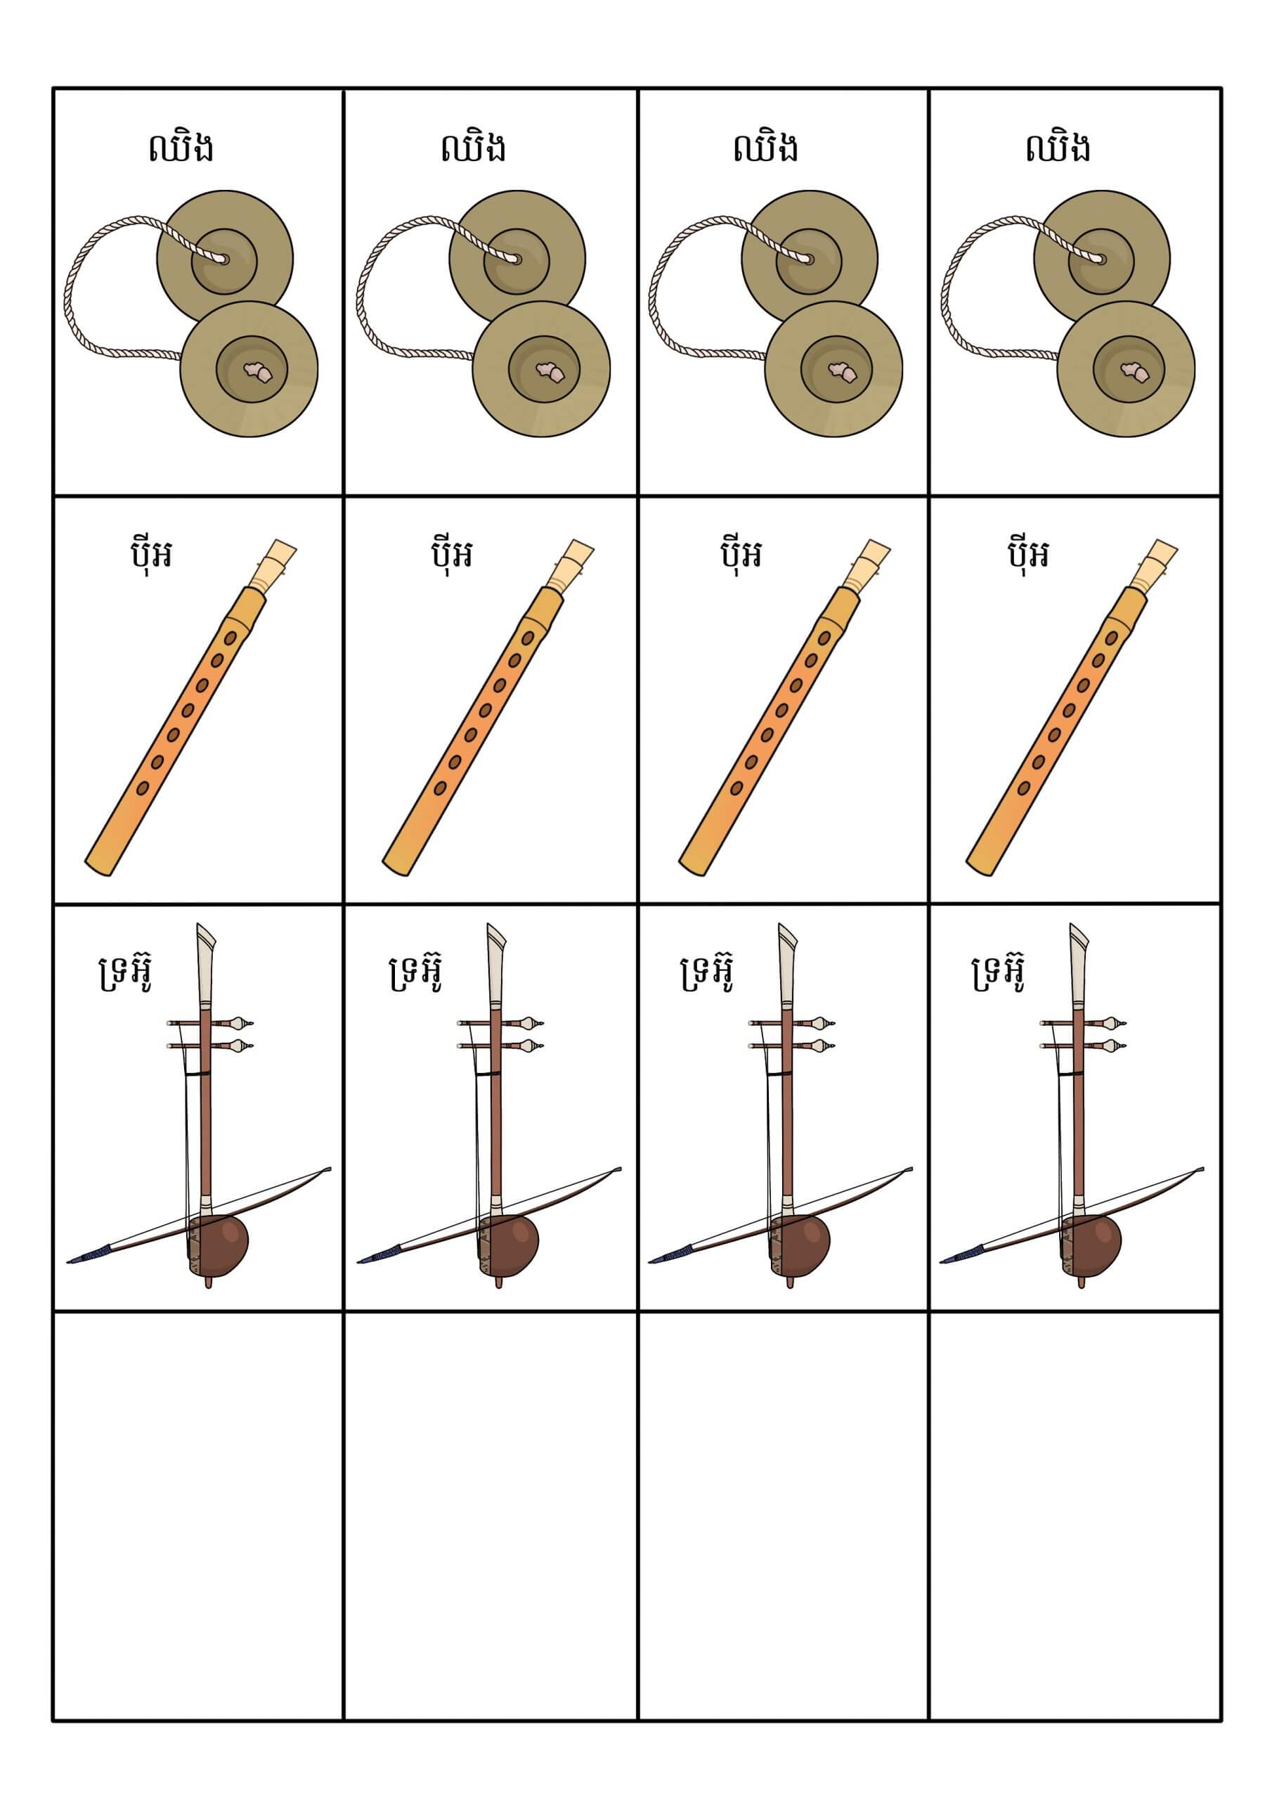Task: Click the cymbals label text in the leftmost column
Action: [x=181, y=148]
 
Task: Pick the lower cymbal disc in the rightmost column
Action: [x=1127, y=369]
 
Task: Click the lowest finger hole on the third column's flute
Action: [x=736, y=788]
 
